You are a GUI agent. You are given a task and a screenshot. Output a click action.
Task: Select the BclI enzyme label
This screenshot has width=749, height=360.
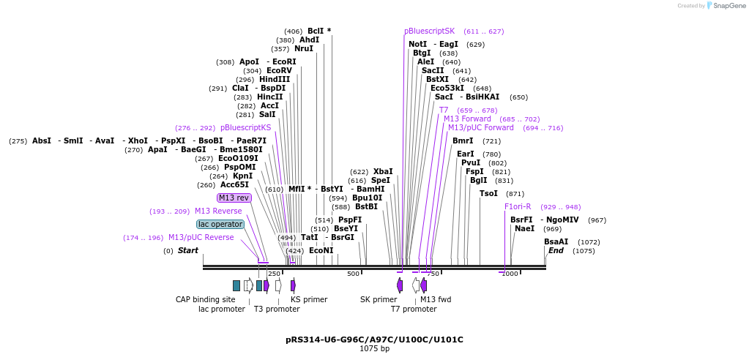coord(318,31)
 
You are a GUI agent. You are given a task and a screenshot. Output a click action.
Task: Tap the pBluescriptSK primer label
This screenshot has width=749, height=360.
coord(429,31)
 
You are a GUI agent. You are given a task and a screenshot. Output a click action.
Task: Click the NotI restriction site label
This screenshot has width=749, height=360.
coord(417,44)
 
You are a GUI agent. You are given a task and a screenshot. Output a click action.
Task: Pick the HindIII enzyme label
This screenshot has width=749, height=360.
coord(275,79)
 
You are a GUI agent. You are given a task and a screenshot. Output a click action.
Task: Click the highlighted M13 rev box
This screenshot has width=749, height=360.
coord(234,198)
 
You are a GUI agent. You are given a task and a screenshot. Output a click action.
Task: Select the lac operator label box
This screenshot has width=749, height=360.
coord(220,224)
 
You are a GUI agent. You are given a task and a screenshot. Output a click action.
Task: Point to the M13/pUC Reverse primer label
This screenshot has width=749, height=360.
coord(201,237)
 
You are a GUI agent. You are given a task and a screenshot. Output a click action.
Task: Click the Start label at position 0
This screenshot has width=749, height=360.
coord(187,250)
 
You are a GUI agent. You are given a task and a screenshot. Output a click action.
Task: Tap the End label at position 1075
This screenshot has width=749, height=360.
coord(556,250)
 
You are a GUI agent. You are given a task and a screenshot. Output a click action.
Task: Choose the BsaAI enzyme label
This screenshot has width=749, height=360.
coord(556,241)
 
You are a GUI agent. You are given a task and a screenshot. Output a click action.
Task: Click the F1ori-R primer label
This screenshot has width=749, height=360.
coord(518,206)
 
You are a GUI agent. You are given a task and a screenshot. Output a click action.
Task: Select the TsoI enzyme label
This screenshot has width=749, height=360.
coord(488,193)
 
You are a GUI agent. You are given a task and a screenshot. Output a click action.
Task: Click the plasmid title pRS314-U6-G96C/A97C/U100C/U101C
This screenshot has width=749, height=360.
coord(374,340)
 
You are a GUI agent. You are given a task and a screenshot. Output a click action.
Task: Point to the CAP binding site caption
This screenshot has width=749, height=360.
coord(206,299)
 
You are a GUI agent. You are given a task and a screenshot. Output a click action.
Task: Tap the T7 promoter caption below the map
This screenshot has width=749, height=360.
coord(414,309)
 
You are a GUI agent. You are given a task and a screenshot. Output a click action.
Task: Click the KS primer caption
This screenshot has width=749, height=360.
coord(309,299)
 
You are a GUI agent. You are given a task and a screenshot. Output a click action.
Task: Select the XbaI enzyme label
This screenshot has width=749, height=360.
coord(383,171)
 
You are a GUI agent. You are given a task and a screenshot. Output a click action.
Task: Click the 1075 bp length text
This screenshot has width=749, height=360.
coord(374,349)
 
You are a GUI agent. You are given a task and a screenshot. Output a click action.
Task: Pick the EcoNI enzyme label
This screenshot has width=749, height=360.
coord(321,250)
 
